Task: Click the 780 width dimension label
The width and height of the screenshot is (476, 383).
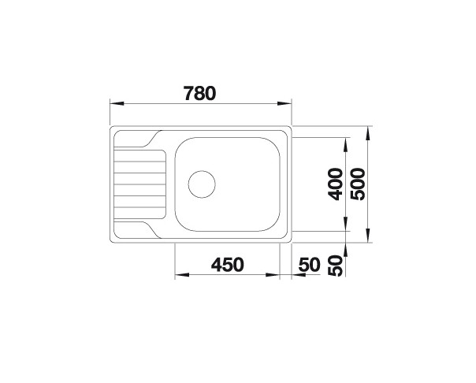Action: click(x=199, y=92)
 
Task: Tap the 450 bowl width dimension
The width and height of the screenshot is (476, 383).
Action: click(x=228, y=265)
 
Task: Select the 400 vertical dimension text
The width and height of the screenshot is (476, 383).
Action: click(x=334, y=184)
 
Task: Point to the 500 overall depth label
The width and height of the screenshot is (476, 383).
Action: click(x=359, y=184)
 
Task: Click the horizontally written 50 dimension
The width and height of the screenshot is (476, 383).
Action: click(x=309, y=265)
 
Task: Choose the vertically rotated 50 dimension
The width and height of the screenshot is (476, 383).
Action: click(x=334, y=266)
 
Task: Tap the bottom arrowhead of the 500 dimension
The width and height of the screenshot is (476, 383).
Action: click(x=369, y=238)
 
